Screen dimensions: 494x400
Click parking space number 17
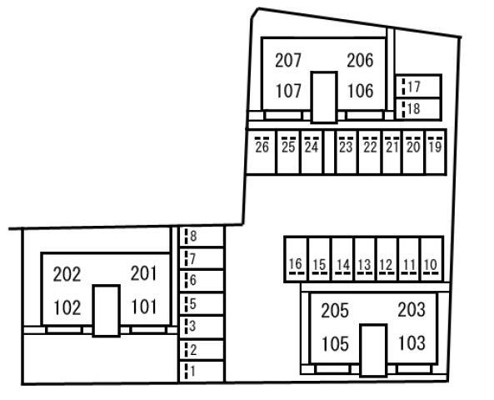click(x=418, y=86)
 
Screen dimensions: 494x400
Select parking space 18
click(x=418, y=108)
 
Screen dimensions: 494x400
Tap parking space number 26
click(x=262, y=152)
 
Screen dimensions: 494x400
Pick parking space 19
click(x=436, y=152)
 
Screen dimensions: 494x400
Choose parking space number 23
click(x=347, y=152)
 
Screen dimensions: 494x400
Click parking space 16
click(x=296, y=259)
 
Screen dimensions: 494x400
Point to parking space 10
click(x=432, y=259)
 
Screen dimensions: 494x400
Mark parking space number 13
click(x=365, y=259)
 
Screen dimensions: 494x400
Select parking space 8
click(x=202, y=236)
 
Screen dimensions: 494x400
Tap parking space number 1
click(x=202, y=372)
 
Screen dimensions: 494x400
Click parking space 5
click(x=202, y=304)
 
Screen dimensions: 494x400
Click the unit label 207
click(x=288, y=60)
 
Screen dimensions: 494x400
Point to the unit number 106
click(x=360, y=91)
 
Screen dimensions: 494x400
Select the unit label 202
click(x=67, y=274)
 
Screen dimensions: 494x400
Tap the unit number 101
click(x=143, y=307)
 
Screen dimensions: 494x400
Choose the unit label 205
click(x=335, y=311)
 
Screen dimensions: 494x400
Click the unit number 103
click(x=412, y=342)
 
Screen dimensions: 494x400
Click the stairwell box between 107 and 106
click(x=324, y=97)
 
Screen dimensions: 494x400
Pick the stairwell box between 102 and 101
click(x=106, y=311)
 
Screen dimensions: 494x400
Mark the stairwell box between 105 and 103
click(x=373, y=350)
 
